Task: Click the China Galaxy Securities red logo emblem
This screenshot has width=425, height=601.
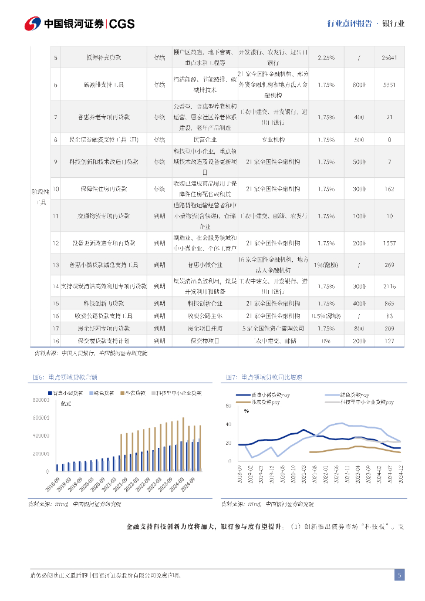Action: click(x=32, y=23)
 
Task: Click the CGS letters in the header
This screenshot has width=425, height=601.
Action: click(x=122, y=23)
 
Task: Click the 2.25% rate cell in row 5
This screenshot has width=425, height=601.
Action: click(x=326, y=57)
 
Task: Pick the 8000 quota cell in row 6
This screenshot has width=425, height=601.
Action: click(x=359, y=85)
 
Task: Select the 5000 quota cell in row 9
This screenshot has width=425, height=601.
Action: click(x=359, y=161)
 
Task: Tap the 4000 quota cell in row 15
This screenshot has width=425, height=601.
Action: click(x=359, y=303)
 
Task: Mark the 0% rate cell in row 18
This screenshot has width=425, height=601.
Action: click(x=326, y=340)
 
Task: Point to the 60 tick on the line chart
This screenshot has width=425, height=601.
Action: click(x=229, y=406)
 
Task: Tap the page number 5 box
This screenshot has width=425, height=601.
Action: click(x=399, y=575)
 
